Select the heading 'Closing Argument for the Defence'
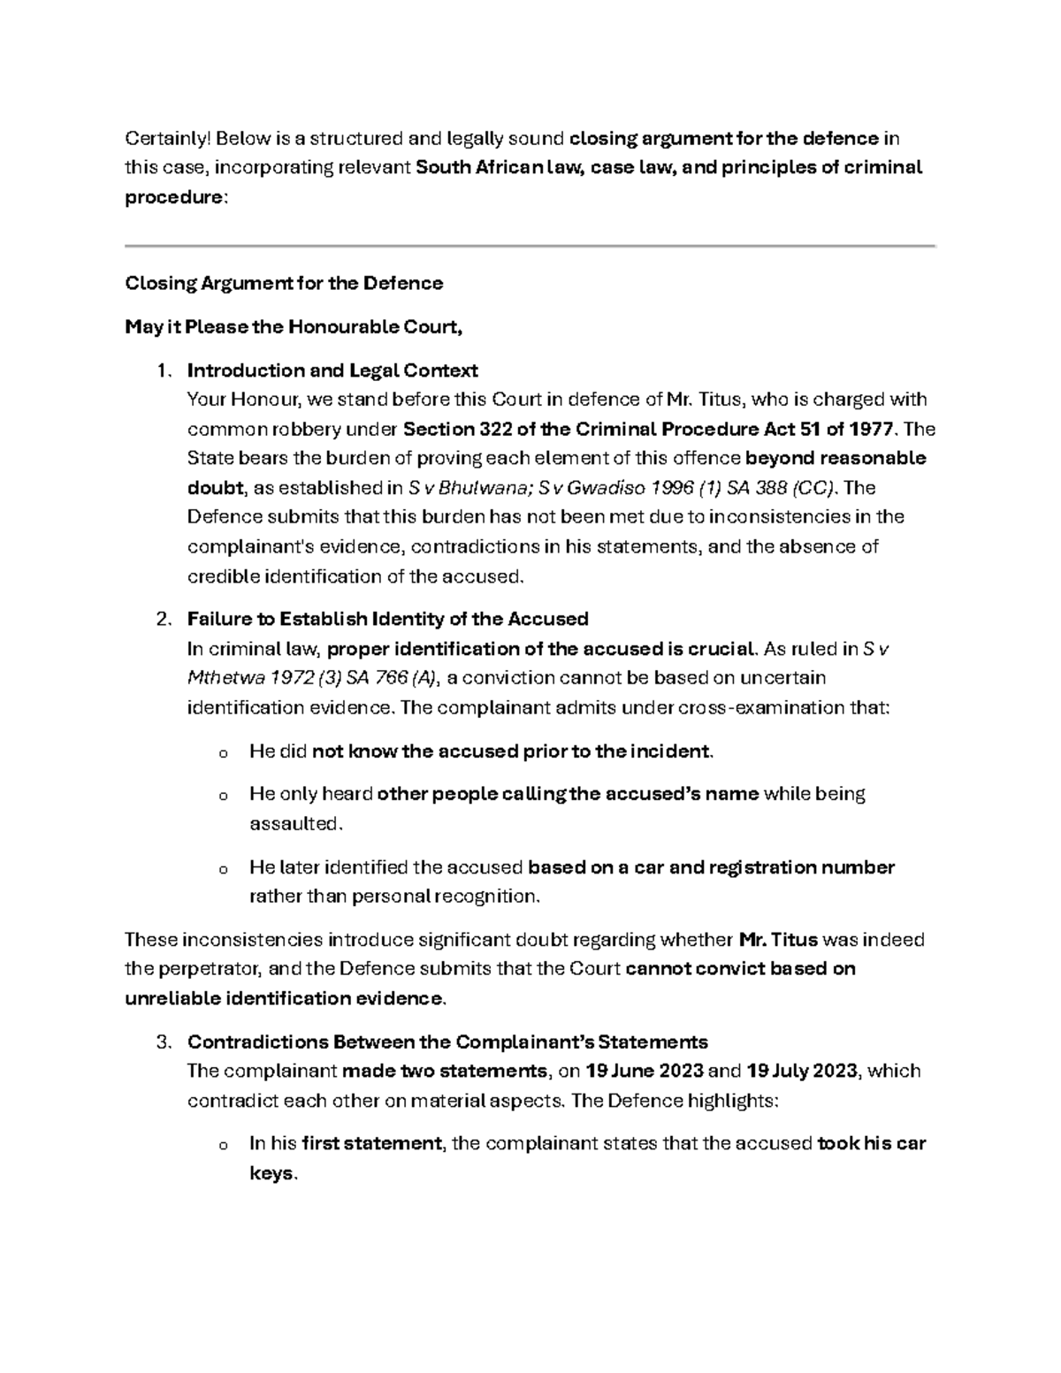pyautogui.click(x=284, y=284)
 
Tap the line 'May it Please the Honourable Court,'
pyautogui.click(x=294, y=327)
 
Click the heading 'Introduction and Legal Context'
pyautogui.click(x=332, y=370)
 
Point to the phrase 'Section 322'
pyautogui.click(x=451, y=430)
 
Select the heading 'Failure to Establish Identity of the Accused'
pyautogui.click(x=387, y=619)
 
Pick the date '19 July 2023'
pyautogui.click(x=801, y=1072)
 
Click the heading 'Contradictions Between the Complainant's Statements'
pyautogui.click(x=447, y=1041)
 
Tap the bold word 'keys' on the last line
pyautogui.click(x=271, y=1174)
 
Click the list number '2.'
pyautogui.click(x=163, y=619)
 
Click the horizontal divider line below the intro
pyautogui.click(x=530, y=245)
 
